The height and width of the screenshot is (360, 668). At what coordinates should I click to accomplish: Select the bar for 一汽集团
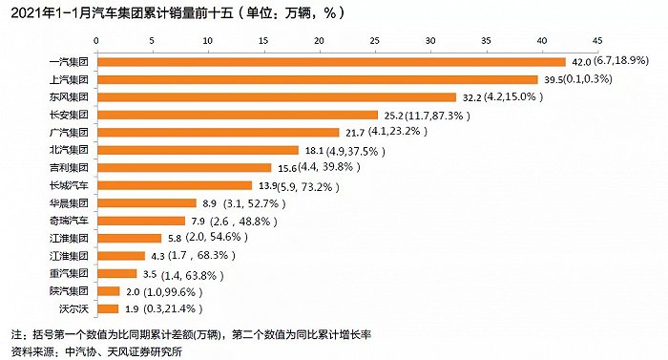click(331, 62)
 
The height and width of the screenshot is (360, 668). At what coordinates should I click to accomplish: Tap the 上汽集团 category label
click(69, 80)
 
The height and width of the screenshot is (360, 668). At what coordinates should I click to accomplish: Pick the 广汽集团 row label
click(69, 133)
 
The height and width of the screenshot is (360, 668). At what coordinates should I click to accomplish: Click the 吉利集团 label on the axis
click(69, 168)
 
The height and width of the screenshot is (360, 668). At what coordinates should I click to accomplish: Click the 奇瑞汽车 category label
click(69, 221)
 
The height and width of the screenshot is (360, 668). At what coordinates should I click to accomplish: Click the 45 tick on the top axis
click(598, 43)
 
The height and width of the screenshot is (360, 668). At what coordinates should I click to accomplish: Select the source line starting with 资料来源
click(96, 350)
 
